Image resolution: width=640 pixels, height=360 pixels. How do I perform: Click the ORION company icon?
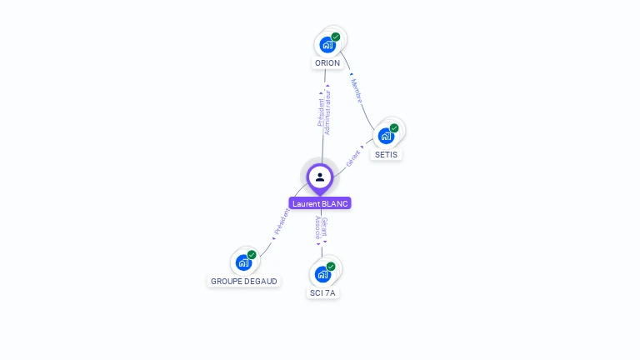click(327, 45)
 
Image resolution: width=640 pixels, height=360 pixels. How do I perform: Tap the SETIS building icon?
click(385, 136)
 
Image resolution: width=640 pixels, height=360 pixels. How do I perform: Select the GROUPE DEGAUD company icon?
click(243, 262)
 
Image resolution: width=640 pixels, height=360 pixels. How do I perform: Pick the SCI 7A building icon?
click(322, 274)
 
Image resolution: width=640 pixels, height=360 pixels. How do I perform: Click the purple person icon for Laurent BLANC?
click(320, 177)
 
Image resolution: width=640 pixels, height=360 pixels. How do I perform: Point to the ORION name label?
click(327, 63)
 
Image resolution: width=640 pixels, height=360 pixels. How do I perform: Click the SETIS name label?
click(387, 154)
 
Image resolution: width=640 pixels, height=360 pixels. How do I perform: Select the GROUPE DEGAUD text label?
click(244, 282)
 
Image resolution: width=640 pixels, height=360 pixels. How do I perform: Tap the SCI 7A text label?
click(323, 293)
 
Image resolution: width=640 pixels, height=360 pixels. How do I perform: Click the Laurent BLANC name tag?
click(320, 203)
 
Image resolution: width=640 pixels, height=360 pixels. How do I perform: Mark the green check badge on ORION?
click(336, 37)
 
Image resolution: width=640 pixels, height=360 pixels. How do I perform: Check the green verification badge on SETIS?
click(394, 128)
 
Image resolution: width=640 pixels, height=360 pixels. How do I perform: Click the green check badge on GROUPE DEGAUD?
click(252, 255)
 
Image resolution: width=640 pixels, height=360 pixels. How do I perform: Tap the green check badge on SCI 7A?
click(331, 267)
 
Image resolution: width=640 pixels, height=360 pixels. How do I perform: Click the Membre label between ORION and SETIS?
click(357, 91)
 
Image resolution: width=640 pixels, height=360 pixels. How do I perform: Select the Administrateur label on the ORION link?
click(327, 112)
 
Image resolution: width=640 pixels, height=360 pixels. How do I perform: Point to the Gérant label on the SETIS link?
click(354, 158)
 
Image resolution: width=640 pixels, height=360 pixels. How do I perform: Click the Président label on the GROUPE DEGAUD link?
click(282, 222)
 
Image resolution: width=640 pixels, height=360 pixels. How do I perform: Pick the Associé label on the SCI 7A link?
click(317, 229)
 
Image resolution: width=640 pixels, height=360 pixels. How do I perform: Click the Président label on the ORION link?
click(321, 112)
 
